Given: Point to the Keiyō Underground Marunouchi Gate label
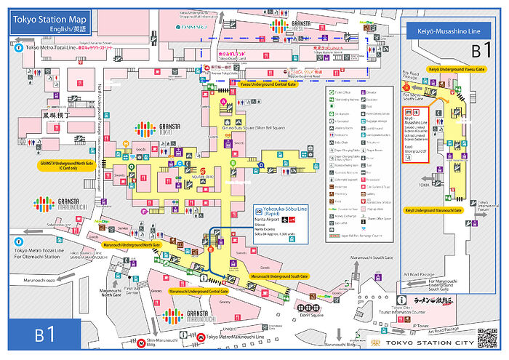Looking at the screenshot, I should (x=443, y=209).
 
